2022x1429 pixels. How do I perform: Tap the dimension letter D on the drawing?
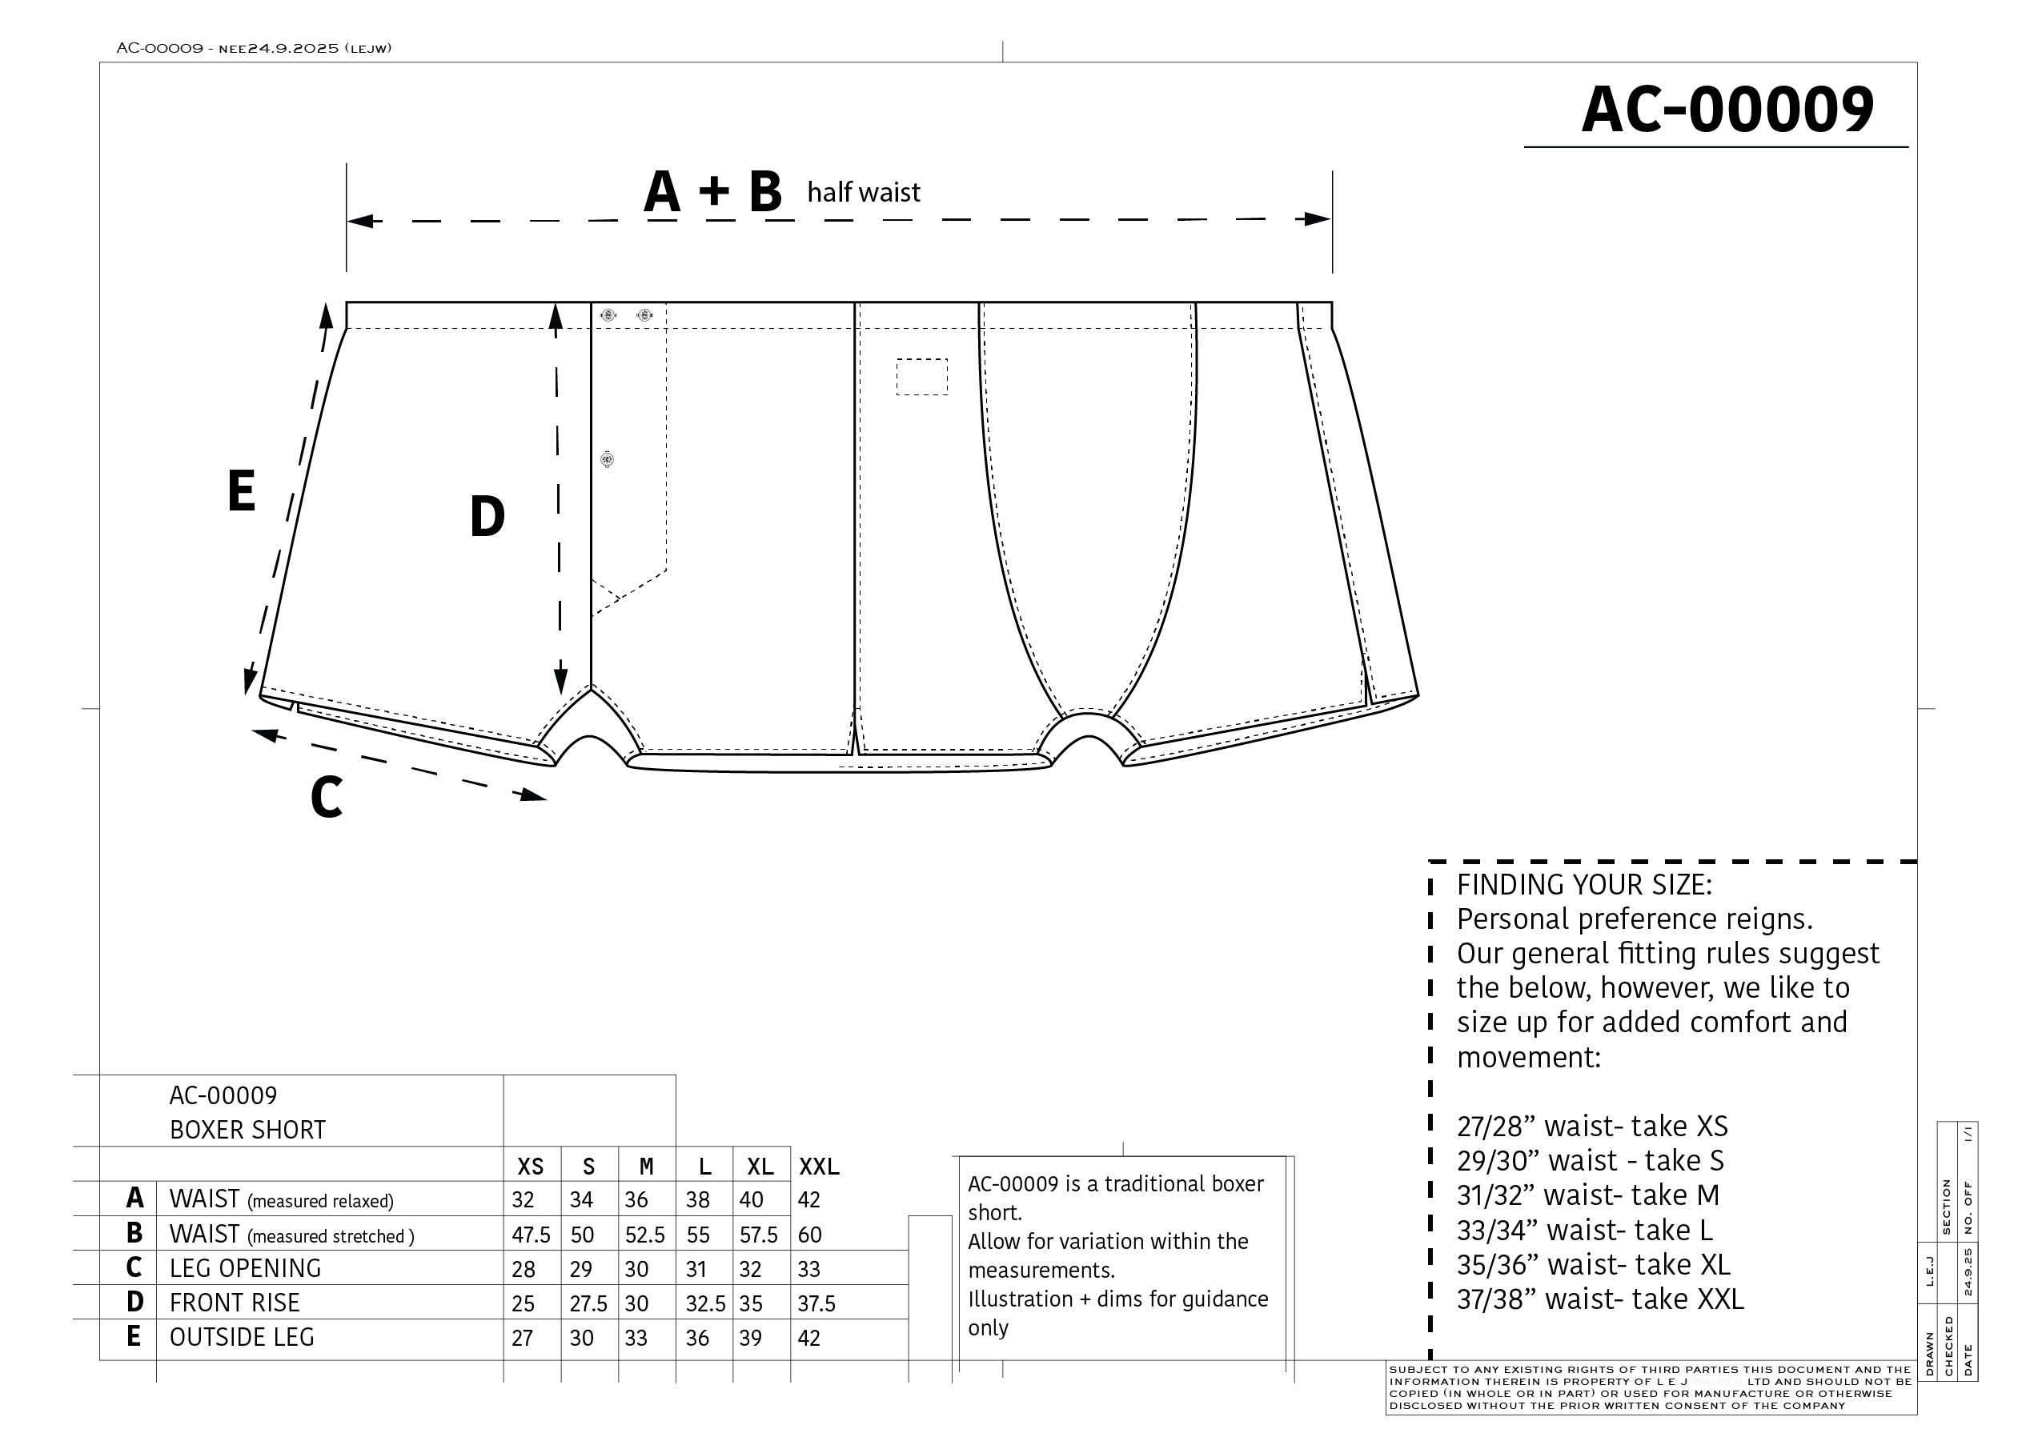click(x=487, y=517)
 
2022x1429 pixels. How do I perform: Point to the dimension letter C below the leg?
click(x=326, y=798)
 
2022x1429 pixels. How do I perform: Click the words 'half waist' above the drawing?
click(x=863, y=192)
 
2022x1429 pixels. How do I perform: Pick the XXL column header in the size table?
click(x=818, y=1167)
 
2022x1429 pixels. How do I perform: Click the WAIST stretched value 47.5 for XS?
click(x=530, y=1235)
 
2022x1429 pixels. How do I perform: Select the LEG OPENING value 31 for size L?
click(x=696, y=1269)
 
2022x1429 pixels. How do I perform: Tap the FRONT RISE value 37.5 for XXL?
click(x=816, y=1303)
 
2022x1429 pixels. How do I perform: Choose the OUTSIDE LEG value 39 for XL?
click(x=750, y=1338)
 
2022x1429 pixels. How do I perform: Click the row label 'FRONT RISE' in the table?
click(x=235, y=1303)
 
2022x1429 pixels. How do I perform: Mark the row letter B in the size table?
click(x=134, y=1233)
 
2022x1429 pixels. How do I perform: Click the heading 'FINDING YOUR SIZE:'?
click(x=1583, y=885)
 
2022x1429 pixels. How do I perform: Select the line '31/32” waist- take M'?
click(x=1587, y=1195)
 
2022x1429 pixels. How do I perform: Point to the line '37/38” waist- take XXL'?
click(x=1599, y=1299)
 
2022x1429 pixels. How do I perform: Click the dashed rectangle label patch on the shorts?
click(x=922, y=377)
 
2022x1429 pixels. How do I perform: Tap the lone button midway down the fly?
click(x=607, y=458)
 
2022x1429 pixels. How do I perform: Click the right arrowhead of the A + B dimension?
click(x=1317, y=219)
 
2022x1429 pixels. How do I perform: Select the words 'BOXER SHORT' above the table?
click(x=247, y=1130)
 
